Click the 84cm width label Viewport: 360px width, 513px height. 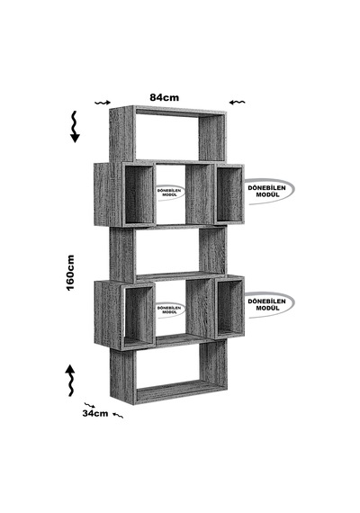pos(165,97)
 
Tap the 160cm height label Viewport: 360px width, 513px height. pos(70,273)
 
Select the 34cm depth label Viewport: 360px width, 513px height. pos(94,413)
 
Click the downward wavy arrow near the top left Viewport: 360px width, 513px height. pos(76,127)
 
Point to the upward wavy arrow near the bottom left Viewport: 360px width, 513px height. pos(70,380)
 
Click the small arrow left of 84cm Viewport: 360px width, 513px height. pos(103,103)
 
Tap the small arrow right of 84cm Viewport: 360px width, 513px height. pos(237,103)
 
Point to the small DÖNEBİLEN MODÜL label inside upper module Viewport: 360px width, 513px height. pos(169,193)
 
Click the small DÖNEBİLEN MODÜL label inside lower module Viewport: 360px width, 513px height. pos(169,310)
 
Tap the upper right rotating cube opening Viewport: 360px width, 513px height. pos(229,194)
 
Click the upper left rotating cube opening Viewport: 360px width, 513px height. pos(139,195)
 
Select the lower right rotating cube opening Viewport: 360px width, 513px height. pos(229,308)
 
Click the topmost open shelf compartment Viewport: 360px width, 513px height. pos(167,135)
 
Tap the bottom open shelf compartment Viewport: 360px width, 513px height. pos(167,368)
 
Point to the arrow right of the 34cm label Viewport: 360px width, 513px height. pos(118,416)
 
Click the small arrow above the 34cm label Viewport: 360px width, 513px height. pos(90,405)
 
